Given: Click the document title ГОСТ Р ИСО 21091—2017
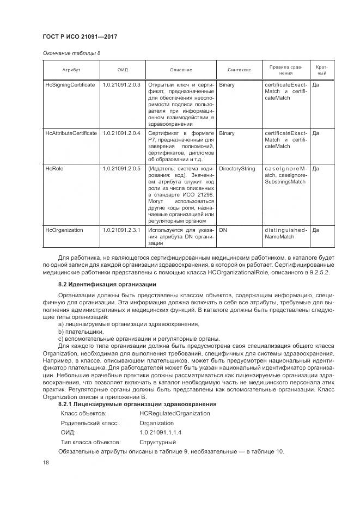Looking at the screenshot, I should (80, 36).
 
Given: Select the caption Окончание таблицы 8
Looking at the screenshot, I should (71, 53).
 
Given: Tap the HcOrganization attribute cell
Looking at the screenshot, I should (64, 230).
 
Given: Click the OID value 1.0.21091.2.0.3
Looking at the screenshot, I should (121, 85).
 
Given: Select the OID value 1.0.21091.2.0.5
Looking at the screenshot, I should (121, 169).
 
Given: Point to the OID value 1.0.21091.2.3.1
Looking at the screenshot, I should (121, 230).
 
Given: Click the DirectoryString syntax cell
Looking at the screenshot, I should (237, 169).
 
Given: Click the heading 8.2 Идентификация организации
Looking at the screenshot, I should (107, 285).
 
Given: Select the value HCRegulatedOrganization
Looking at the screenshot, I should (174, 413).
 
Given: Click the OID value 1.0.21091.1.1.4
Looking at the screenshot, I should (160, 432).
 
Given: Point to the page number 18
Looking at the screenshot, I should (46, 463).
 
